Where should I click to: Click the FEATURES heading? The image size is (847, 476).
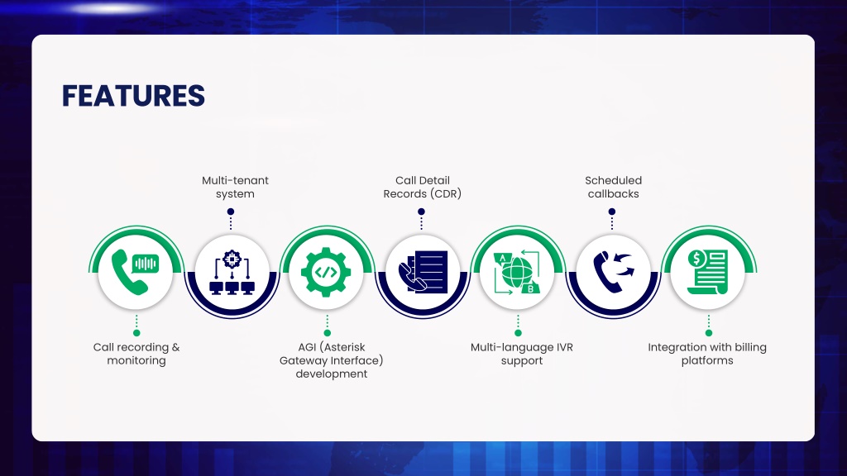(133, 96)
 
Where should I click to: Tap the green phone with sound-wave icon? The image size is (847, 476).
(135, 272)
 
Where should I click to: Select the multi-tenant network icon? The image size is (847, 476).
(232, 272)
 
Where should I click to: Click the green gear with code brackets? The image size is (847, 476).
(326, 272)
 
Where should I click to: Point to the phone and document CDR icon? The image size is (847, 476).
(423, 272)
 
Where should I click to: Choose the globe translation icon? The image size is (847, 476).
(517, 272)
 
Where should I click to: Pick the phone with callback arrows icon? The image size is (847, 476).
(614, 272)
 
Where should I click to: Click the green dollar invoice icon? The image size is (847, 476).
(708, 272)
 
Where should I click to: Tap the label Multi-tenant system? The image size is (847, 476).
(235, 188)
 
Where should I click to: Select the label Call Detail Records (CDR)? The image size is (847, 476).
(423, 188)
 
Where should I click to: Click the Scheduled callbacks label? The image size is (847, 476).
(613, 188)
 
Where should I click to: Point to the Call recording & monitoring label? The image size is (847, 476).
(136, 354)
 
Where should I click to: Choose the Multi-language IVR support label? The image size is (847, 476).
(521, 354)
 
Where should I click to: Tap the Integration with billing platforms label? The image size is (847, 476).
(707, 354)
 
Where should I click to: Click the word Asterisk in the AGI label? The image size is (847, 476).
(343, 347)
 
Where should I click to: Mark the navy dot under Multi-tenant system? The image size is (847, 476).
(231, 212)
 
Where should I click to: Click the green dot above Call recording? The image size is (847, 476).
(136, 333)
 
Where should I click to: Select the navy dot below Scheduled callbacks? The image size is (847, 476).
(612, 212)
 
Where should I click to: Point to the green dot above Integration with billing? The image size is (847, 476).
(709, 333)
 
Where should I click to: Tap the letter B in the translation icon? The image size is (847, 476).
(530, 288)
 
